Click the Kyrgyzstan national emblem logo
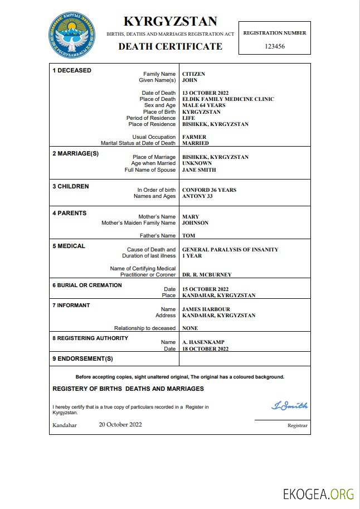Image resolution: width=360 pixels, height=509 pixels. pos(71,34)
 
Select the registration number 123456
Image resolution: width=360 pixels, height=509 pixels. pos(274,46)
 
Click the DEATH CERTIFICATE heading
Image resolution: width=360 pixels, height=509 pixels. pos(170,46)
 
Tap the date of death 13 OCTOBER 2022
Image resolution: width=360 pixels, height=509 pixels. pos(206,93)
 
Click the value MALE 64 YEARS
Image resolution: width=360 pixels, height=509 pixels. pos(204,105)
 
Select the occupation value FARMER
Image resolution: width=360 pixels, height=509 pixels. pos(194,137)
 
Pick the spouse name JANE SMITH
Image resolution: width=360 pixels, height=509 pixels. pos(199,170)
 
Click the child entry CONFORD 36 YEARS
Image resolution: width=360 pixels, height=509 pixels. pos(209,190)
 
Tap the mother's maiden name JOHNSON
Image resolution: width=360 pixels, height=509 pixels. pos(195,223)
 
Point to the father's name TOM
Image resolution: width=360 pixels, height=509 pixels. pos(188,236)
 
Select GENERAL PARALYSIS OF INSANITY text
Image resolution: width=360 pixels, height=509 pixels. pos(230,250)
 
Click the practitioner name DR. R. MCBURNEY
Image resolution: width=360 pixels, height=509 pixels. pos(207,275)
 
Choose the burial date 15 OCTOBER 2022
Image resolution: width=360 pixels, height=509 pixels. pos(206,289)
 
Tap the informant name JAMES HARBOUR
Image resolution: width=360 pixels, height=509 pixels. pos(206,309)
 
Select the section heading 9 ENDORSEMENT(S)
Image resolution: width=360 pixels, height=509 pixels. pos(82,358)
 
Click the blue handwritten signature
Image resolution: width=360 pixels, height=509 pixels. pos(289,406)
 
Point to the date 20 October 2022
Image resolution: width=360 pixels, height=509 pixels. pos(120,424)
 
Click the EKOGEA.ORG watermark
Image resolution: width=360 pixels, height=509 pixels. pos(319,494)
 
